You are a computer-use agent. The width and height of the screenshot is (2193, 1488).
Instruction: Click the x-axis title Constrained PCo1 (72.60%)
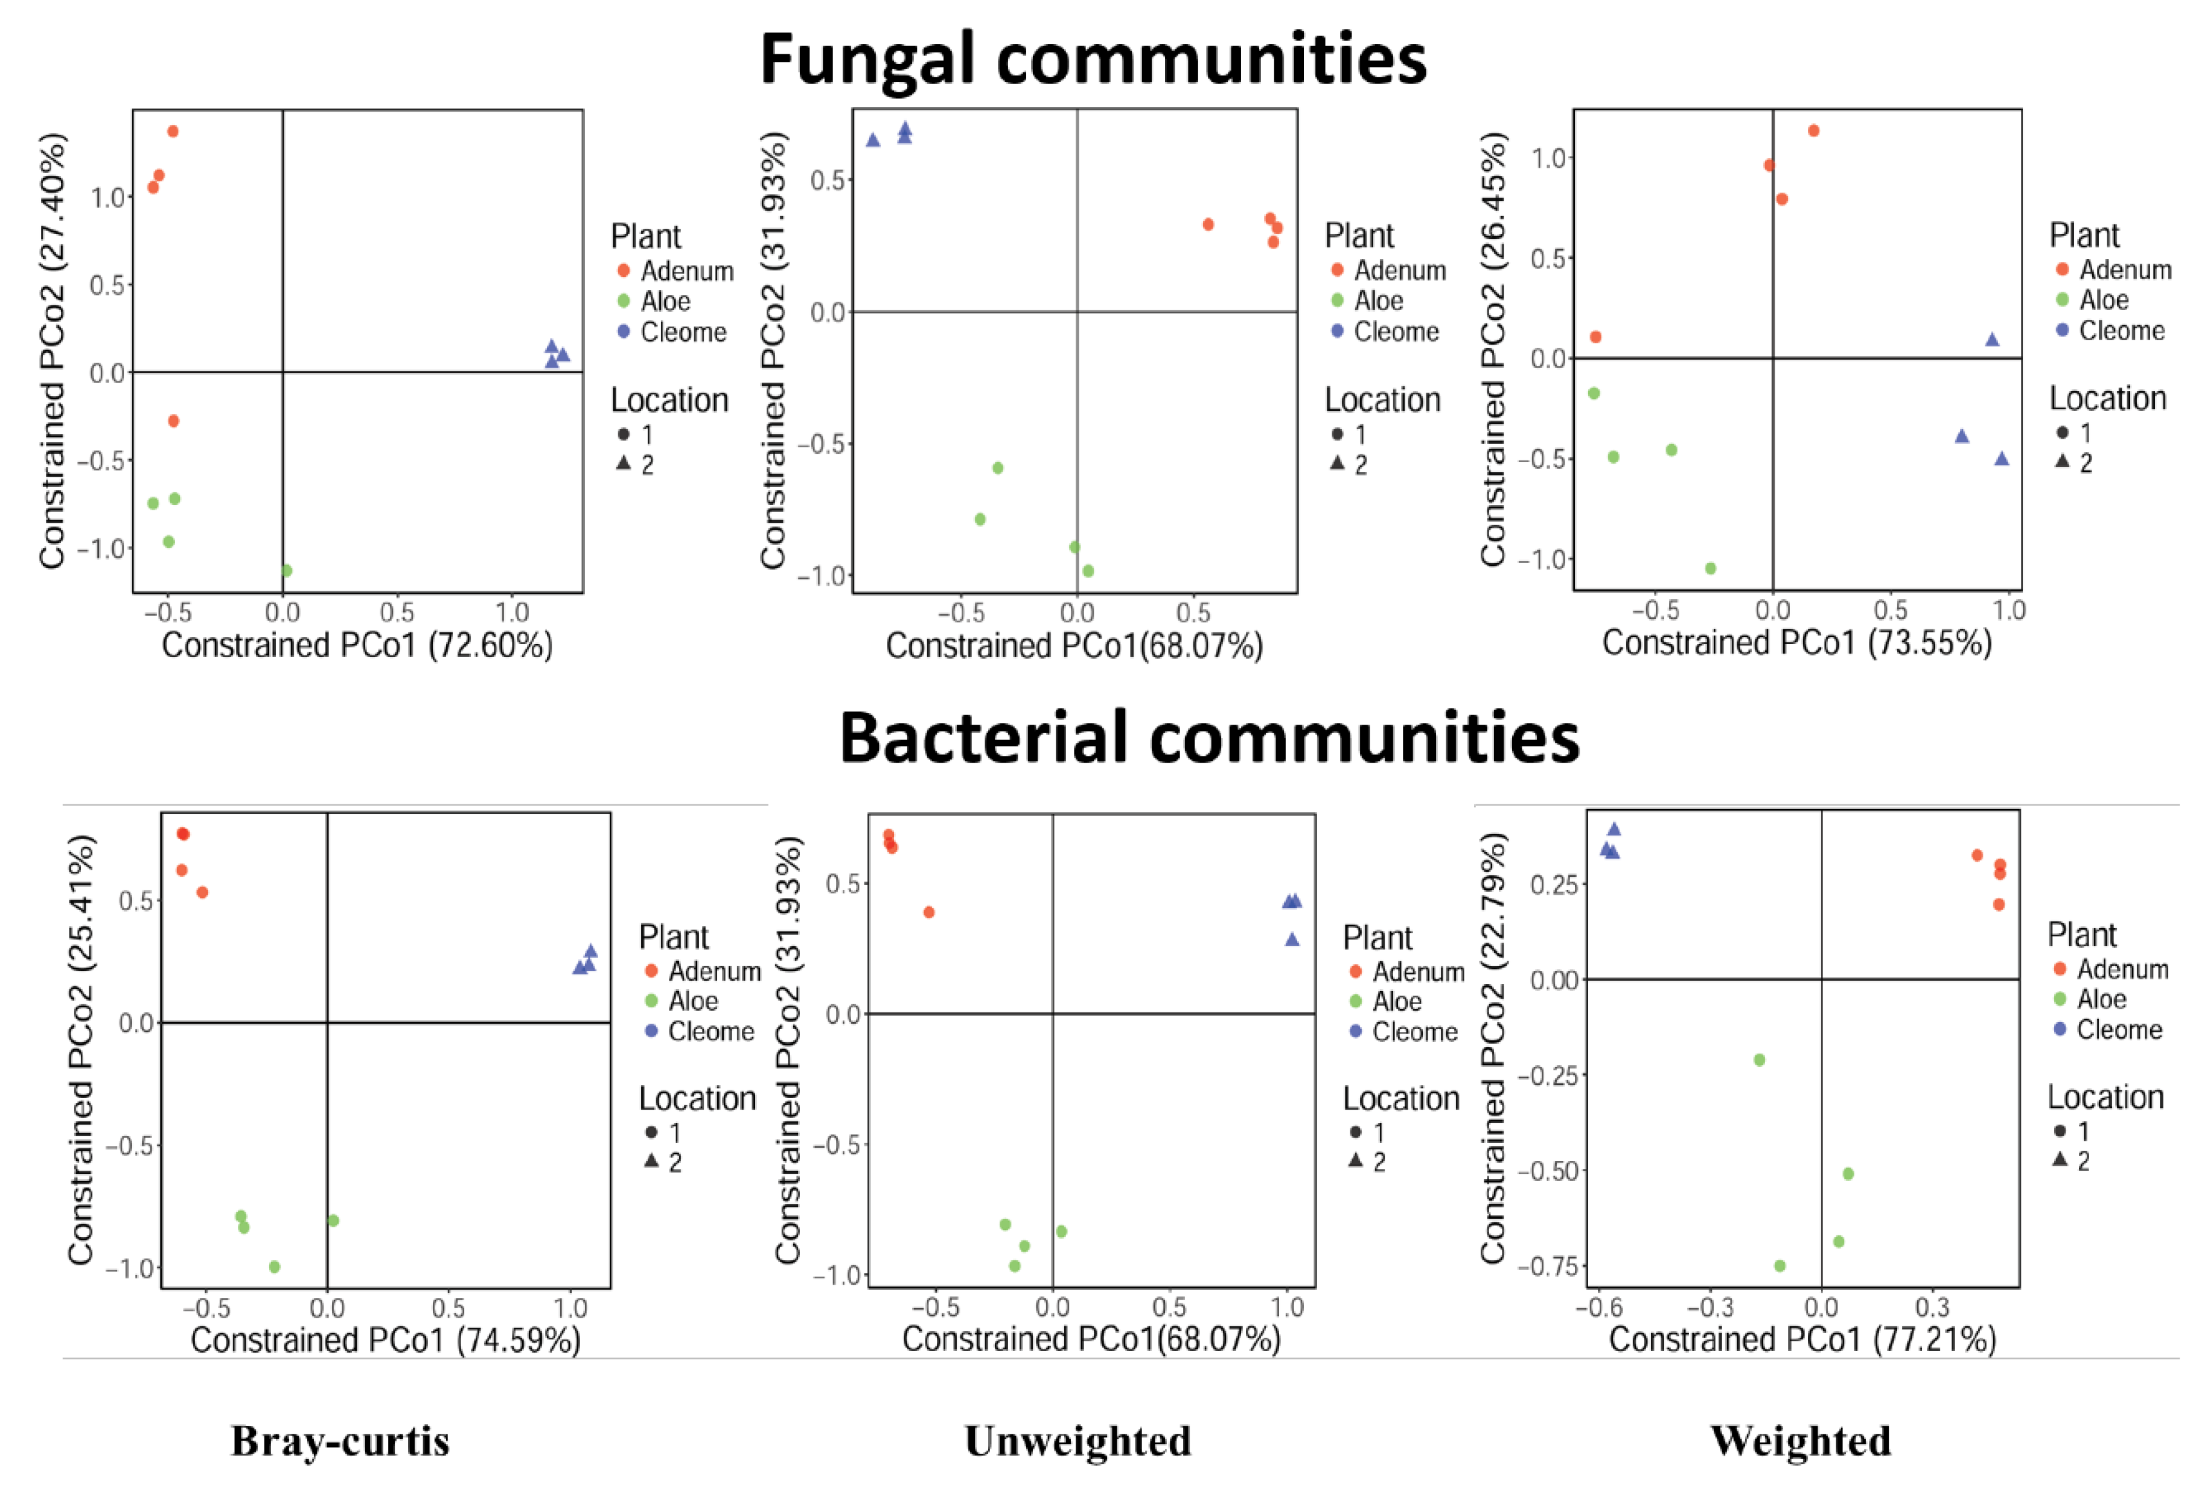pos(357,646)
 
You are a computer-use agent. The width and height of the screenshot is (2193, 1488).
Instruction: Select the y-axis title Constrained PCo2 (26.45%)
pos(1492,349)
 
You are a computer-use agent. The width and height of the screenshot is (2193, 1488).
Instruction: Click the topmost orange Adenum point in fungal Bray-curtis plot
pos(173,131)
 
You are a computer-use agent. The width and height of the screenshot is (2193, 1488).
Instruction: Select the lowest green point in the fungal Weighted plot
pos(1710,568)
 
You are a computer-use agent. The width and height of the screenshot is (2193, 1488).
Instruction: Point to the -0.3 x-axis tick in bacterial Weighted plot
pos(1710,1308)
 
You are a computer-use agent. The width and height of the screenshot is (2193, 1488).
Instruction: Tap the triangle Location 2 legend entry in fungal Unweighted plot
pos(1347,464)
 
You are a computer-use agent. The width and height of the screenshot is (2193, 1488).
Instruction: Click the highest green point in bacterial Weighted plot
pos(1759,1060)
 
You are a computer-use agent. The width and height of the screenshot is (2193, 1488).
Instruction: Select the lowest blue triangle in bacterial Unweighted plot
pos(1292,940)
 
